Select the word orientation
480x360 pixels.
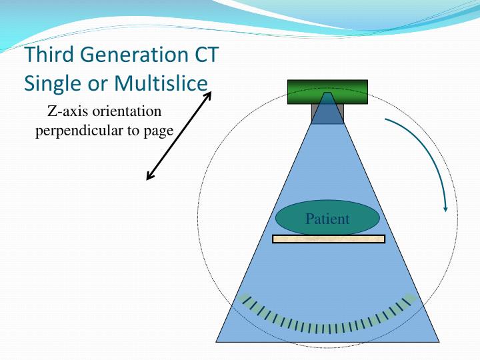point(127,111)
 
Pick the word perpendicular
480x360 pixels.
point(78,130)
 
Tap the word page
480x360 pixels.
point(158,131)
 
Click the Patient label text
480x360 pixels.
point(327,219)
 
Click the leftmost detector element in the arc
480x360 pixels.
point(245,299)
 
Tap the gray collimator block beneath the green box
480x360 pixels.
point(327,114)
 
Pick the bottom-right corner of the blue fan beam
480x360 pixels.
point(438,341)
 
